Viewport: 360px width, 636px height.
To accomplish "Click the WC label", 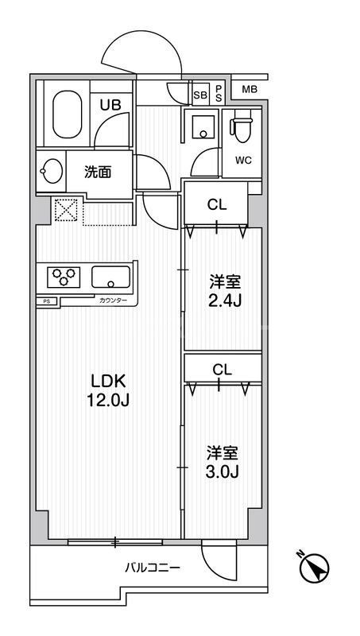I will tap(242, 159).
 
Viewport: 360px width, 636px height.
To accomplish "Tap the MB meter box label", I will tap(250, 89).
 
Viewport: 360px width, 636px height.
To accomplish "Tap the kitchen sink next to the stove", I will tap(112, 277).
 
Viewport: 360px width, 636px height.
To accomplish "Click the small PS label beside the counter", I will tap(46, 301).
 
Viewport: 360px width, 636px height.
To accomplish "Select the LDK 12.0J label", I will tap(108, 389).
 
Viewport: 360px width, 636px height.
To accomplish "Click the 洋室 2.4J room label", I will tap(224, 291).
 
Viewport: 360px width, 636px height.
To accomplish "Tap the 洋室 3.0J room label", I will tap(223, 461).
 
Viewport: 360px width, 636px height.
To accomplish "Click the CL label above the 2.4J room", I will tap(216, 204).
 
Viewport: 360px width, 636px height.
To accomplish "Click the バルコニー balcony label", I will tap(152, 568).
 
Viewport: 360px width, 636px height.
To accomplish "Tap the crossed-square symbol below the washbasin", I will tap(64, 211).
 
